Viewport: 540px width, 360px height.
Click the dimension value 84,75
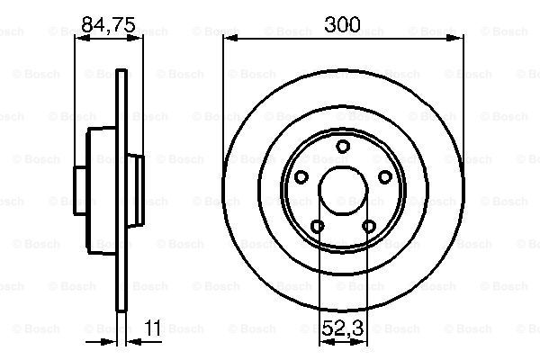(x=109, y=24)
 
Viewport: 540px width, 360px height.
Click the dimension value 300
(x=342, y=24)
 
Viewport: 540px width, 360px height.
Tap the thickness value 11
(x=153, y=328)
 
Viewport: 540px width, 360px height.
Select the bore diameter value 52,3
(x=342, y=328)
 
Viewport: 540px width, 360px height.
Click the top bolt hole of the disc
(x=343, y=147)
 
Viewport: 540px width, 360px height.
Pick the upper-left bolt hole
(x=301, y=176)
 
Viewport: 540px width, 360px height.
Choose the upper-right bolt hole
(x=384, y=176)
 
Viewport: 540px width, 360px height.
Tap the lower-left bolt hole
(x=317, y=226)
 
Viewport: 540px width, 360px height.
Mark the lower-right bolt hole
(x=369, y=226)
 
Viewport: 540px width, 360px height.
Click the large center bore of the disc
(x=343, y=191)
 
